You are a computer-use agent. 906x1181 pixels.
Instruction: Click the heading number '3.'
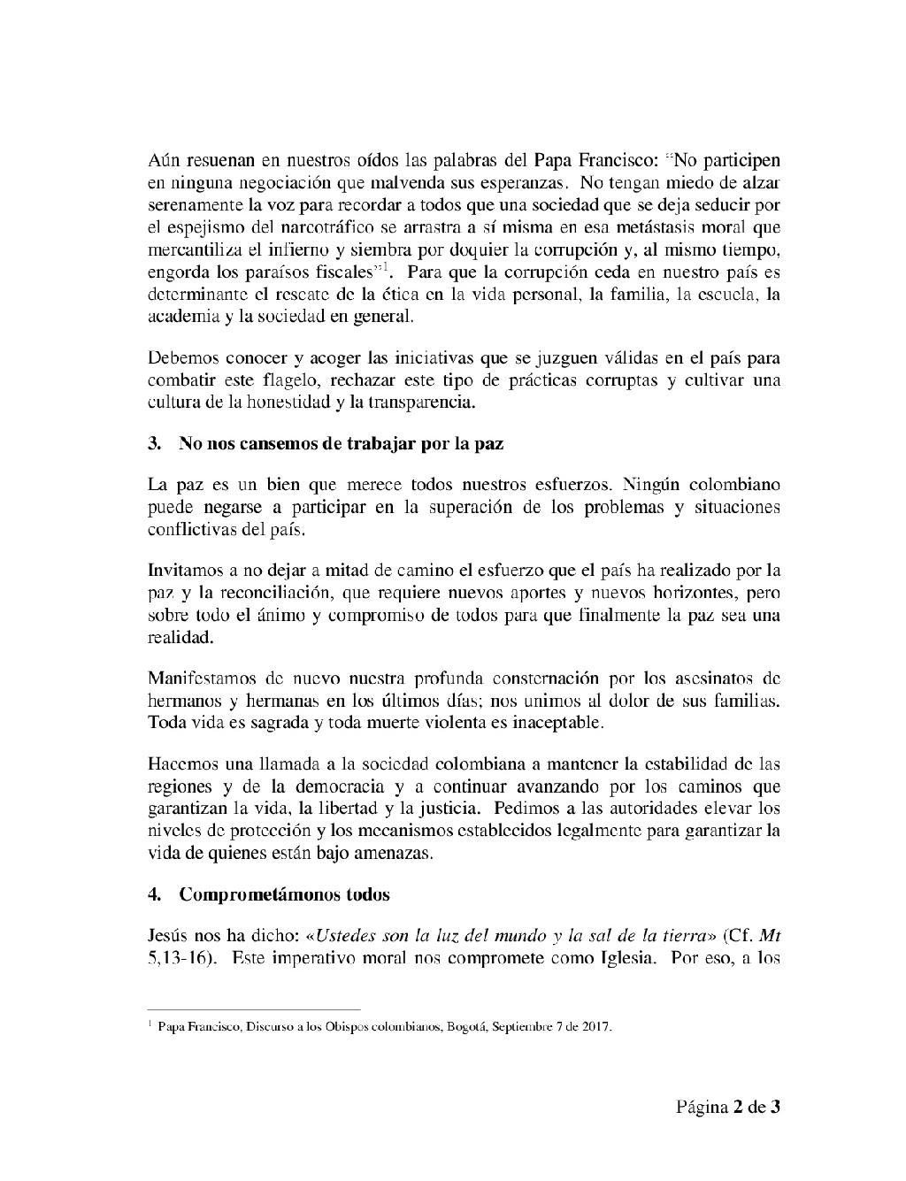(155, 444)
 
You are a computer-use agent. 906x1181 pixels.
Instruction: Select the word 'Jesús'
(167, 935)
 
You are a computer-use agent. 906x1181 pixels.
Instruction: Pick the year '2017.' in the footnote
(596, 1028)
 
